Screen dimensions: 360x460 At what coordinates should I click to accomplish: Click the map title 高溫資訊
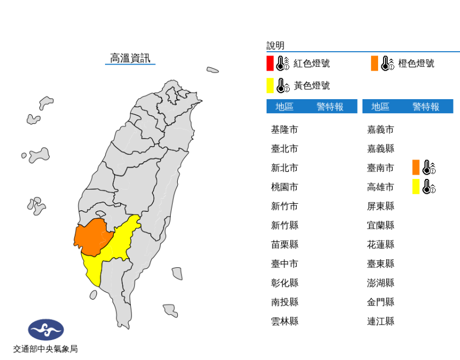click(x=130, y=58)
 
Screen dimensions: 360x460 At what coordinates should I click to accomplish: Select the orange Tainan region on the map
click(x=93, y=236)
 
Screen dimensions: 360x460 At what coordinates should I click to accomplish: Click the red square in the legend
click(x=270, y=64)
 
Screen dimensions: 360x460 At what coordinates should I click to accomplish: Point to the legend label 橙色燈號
click(x=416, y=64)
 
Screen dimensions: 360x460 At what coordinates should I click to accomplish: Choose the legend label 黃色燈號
click(x=312, y=86)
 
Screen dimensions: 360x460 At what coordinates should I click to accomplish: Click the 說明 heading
click(x=275, y=46)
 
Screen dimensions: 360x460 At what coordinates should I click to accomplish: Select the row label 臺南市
click(x=380, y=168)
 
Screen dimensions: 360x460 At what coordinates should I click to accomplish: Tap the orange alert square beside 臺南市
click(x=416, y=168)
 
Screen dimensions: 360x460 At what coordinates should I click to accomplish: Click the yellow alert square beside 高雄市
click(x=416, y=186)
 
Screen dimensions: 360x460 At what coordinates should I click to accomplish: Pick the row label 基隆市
click(x=284, y=130)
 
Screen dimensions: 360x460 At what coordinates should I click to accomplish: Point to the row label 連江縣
click(x=380, y=321)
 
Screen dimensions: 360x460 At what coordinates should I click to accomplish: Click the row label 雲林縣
click(x=284, y=321)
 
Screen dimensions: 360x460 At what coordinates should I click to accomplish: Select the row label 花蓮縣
click(x=380, y=245)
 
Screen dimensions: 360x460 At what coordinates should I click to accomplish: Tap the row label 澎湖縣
click(x=380, y=283)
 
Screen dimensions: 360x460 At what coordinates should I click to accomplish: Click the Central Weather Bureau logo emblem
click(x=46, y=329)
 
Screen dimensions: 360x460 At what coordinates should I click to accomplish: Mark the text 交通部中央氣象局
click(x=46, y=349)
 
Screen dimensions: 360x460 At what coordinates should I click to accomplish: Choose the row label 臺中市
click(x=284, y=264)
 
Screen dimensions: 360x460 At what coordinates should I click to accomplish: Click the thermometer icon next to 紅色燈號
click(x=283, y=64)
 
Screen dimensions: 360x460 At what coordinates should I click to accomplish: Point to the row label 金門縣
click(x=380, y=302)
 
